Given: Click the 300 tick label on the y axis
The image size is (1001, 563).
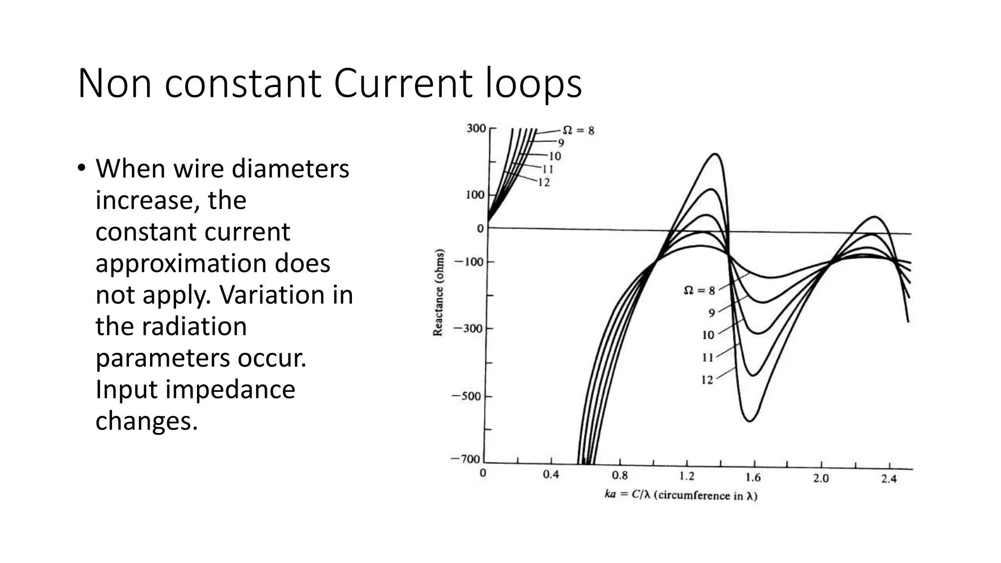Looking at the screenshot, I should (x=476, y=129).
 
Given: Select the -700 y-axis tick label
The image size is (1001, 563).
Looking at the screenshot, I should (x=466, y=459).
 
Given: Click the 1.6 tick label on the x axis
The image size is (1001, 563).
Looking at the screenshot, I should (x=753, y=477).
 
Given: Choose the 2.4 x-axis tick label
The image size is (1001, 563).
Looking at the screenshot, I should (x=889, y=479).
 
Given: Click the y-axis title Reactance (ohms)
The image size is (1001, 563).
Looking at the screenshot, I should (x=438, y=293).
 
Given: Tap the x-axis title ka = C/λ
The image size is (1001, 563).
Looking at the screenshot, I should (x=681, y=496).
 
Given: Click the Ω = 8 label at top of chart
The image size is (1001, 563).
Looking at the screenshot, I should (x=578, y=130).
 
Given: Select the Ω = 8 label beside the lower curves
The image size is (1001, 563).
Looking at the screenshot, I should (x=699, y=290).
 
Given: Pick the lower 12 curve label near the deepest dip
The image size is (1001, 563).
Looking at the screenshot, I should (x=707, y=380).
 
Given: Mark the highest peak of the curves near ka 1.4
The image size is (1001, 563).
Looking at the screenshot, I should (x=716, y=154).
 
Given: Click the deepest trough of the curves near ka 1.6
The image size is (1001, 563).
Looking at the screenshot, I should (x=750, y=421).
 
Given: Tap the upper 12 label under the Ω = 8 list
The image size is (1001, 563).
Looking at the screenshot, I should (x=544, y=183).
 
